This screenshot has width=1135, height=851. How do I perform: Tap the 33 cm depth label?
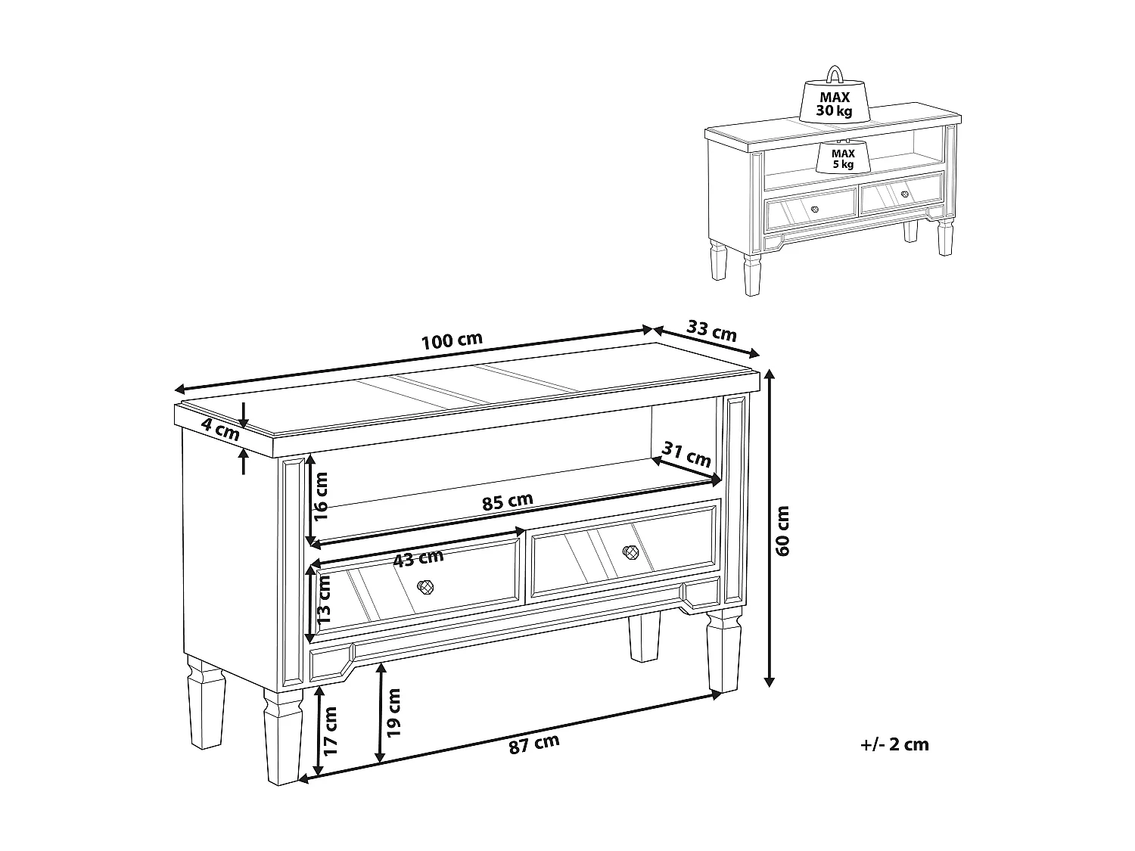[711, 331]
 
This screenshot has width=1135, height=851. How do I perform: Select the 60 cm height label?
[782, 531]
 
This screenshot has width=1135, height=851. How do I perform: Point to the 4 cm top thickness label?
[221, 429]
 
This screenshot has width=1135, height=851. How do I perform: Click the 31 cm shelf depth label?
[686, 455]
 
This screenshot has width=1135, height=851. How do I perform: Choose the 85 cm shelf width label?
[507, 502]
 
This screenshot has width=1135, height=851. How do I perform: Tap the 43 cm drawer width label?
[418, 558]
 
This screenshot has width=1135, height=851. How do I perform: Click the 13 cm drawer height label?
[323, 599]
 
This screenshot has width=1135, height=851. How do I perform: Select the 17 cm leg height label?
[330, 731]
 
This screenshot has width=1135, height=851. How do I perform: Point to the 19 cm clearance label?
[393, 713]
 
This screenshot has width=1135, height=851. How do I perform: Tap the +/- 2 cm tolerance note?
[894, 744]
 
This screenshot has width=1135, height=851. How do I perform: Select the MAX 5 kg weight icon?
[843, 156]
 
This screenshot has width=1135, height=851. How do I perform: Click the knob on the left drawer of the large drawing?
[425, 587]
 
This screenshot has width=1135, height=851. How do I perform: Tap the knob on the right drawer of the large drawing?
[631, 552]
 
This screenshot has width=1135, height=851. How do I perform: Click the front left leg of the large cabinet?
[283, 735]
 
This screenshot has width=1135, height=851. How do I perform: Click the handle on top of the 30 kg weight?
[834, 74]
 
